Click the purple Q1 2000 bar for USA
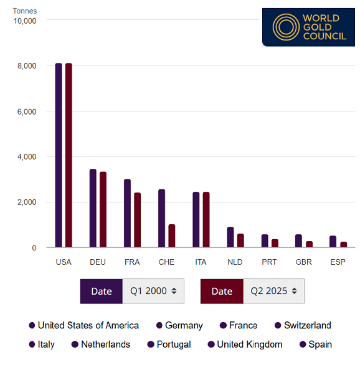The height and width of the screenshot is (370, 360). [x=59, y=156]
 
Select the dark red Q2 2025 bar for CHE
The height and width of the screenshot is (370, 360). [x=172, y=236]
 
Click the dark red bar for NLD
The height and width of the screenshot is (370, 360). [x=240, y=240]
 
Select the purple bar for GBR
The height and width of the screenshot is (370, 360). [x=298, y=241]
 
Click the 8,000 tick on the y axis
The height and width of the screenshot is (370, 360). [x=26, y=66]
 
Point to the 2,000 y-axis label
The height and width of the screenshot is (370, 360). [x=26, y=202]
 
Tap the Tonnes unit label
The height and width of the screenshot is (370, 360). [x=25, y=11]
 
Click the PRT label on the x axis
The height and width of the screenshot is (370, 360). [x=269, y=262]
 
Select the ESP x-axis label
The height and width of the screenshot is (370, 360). [x=338, y=262]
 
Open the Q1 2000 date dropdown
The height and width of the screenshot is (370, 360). [x=153, y=291]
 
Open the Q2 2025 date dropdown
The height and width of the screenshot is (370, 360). [x=273, y=291]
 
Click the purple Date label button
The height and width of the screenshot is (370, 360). [x=102, y=291]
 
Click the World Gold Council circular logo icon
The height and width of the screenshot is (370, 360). [x=285, y=27]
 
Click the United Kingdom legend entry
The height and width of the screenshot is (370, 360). [x=245, y=344]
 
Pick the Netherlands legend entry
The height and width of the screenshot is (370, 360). [x=101, y=344]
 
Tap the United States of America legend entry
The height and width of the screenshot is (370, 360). [x=83, y=325]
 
